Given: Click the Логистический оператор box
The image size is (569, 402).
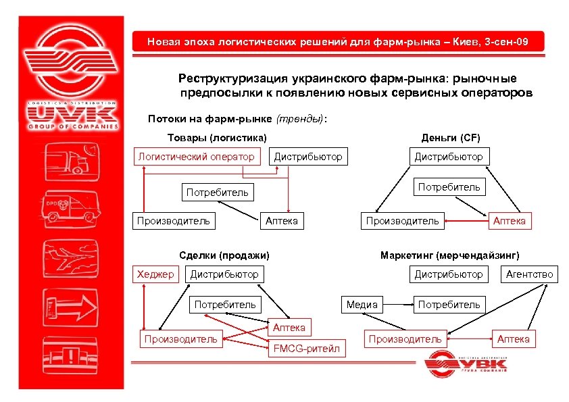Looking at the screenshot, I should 196,157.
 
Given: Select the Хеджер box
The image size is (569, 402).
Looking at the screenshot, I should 155,274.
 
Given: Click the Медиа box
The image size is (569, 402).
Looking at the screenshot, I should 362,305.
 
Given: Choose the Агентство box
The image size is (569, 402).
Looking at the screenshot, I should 529,274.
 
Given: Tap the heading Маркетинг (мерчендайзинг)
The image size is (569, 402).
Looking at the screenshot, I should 450,255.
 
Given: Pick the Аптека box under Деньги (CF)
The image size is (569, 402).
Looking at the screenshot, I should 510,220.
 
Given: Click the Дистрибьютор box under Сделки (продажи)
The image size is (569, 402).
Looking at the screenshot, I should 224,274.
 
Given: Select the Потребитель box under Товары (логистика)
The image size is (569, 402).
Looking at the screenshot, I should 217,192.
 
